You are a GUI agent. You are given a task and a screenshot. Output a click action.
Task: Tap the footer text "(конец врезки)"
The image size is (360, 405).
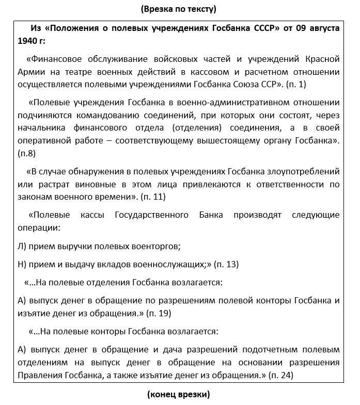point(178,395)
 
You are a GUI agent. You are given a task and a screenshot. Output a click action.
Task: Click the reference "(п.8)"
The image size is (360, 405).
point(26,153)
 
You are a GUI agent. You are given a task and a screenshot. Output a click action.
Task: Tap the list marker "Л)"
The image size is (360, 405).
point(22,246)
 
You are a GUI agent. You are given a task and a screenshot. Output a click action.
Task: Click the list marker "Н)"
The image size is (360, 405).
point(22,264)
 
